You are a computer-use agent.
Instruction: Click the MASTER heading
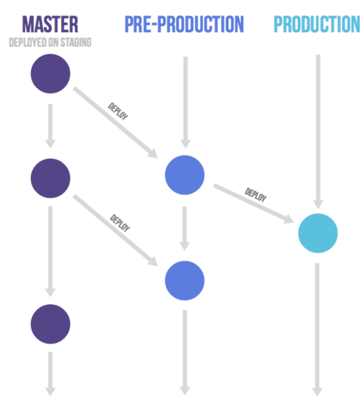point(50,24)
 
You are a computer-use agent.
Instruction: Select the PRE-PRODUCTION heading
point(184,24)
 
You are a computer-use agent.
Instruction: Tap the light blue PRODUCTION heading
point(317,24)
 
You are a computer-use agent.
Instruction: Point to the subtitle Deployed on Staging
point(50,42)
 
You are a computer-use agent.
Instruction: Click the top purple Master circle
point(50,73)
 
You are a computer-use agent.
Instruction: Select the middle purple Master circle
point(50,178)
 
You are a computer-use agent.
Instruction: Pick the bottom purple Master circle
point(50,324)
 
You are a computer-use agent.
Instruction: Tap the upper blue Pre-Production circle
point(185,175)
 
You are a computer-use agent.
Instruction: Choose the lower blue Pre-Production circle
point(185,281)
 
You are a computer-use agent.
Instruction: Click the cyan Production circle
point(318,233)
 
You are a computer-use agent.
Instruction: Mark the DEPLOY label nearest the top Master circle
point(118,111)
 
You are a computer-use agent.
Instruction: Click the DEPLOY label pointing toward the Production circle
point(255,195)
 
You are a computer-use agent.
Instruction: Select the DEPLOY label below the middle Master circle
point(120,223)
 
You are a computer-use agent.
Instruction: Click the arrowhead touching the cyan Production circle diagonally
point(289,219)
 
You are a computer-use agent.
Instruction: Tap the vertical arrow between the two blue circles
point(185,229)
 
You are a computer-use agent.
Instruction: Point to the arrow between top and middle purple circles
point(50,126)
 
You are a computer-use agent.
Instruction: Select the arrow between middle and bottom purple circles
point(50,252)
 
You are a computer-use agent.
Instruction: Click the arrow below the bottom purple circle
point(50,374)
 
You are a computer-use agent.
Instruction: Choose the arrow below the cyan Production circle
point(317,330)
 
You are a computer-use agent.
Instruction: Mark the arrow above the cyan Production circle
point(318,132)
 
